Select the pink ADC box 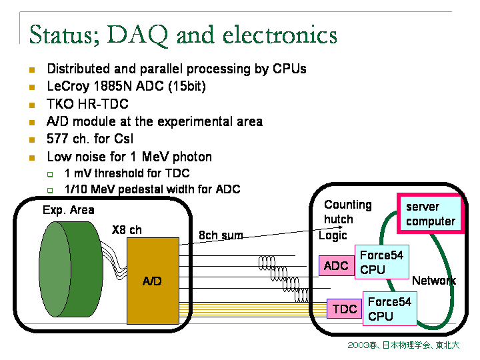pos(337,266)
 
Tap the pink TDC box pos(345,309)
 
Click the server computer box pos(430,214)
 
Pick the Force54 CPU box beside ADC pos(382,263)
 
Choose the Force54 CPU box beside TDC pos(389,309)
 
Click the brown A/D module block pos(153,281)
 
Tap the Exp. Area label pos(68,210)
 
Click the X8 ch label pos(127,230)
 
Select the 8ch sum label pos(221,235)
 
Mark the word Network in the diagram pos(434,281)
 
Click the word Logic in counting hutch pos(333,235)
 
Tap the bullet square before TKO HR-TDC pos(31,105)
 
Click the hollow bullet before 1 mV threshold pos(49,174)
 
